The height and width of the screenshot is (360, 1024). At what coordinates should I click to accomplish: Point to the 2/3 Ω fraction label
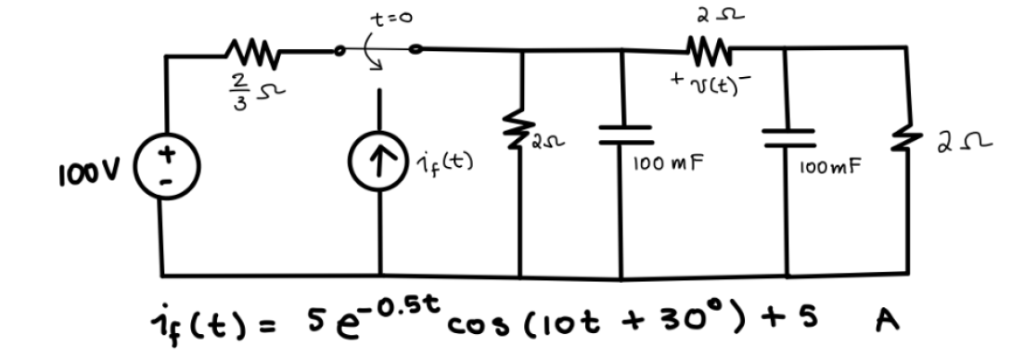click(239, 89)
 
